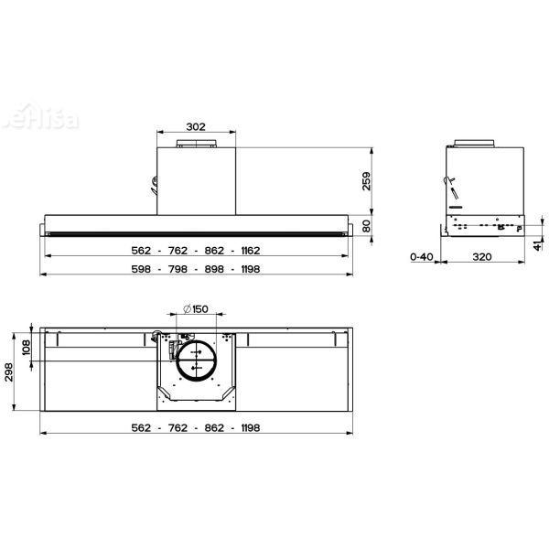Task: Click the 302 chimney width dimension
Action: [x=195, y=128]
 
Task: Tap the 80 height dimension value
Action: [x=368, y=226]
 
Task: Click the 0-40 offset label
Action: [x=421, y=257]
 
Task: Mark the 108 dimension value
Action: [x=26, y=348]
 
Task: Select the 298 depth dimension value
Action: [x=11, y=375]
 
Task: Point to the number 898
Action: [x=212, y=269]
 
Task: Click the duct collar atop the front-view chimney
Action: [x=195, y=144]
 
